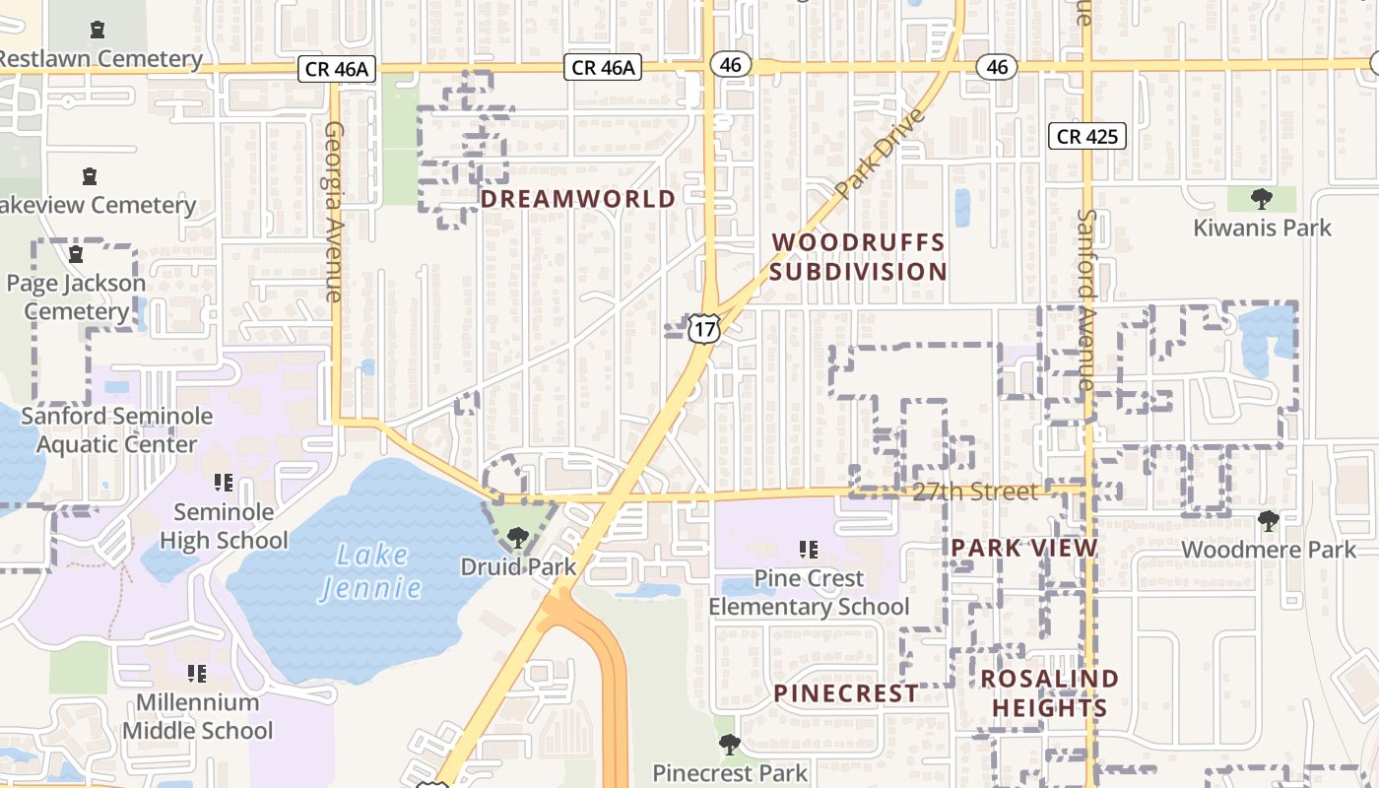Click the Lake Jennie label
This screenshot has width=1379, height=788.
371,571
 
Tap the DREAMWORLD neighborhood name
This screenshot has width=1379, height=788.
578,199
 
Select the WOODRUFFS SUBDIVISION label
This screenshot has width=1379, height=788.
858,256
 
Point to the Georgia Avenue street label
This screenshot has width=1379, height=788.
333,212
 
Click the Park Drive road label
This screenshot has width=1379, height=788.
880,154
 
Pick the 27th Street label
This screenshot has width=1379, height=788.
974,492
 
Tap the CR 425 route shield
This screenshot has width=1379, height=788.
1087,136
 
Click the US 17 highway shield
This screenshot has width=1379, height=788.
703,328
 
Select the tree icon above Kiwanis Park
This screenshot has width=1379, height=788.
1261,200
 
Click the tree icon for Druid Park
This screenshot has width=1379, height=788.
517,538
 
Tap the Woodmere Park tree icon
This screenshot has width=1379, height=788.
1269,521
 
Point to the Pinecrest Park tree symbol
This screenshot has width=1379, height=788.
729,744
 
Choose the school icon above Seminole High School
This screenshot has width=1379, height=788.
224,483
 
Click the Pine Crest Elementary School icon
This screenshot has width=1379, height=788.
809,549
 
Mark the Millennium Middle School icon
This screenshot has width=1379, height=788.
197,674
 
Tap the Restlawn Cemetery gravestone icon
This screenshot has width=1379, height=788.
98,31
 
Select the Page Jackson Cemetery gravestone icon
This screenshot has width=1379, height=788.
76,255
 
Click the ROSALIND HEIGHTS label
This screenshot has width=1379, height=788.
1050,692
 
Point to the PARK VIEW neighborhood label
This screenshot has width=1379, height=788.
1024,549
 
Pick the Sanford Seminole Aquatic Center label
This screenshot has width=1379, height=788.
117,429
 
